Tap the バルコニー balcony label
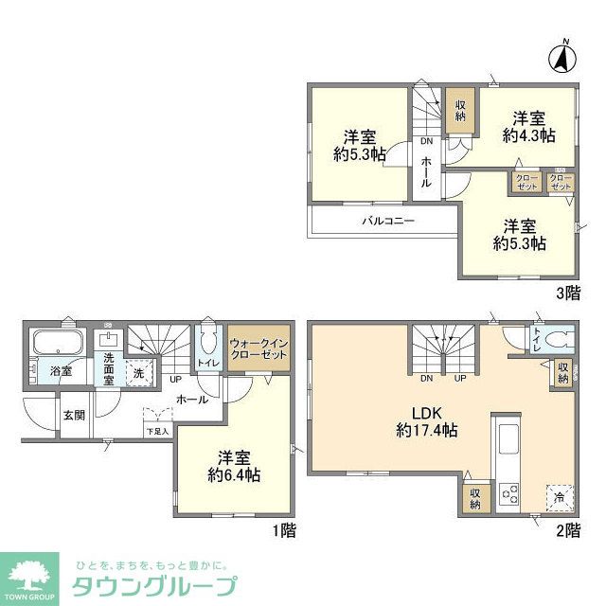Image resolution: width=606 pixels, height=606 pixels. [x=388, y=222]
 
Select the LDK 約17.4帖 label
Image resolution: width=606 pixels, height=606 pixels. [x=428, y=420]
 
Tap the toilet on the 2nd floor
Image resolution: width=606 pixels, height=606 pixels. [x=557, y=341]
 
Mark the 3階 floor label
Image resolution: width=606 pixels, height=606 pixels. [x=567, y=293]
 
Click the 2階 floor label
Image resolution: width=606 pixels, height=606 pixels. [x=567, y=530]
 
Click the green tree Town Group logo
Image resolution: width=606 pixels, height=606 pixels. [x=30, y=574]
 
